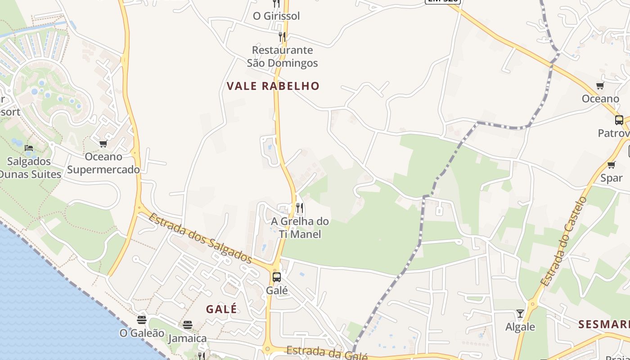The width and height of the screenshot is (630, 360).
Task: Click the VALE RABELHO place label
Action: pos(273,86)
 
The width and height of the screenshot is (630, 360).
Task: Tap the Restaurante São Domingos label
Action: pos(282,56)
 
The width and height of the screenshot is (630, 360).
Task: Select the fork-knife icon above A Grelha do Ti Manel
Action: pos(300,208)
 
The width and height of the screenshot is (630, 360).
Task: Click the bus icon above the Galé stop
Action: pos(277,277)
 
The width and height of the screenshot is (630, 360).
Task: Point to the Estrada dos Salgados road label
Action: pos(200,238)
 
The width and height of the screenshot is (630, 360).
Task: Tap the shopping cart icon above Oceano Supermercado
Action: pos(103,144)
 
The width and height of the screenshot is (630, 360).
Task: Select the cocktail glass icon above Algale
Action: pos(520,313)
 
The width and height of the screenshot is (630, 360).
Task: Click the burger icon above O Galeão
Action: pos(142,320)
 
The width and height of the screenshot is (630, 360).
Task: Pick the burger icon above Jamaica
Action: pos(188,325)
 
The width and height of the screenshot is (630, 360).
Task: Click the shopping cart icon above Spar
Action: pos(611,165)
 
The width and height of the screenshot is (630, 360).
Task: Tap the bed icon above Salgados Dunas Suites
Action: pos(29,148)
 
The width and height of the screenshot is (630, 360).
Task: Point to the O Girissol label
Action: pos(276,16)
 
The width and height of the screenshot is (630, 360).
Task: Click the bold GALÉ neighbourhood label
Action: pos(221,309)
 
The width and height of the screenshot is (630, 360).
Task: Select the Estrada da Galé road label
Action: pos(327,353)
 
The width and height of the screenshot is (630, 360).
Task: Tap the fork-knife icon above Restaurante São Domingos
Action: pos(282,36)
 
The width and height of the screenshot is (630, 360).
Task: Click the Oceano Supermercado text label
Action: pos(103,163)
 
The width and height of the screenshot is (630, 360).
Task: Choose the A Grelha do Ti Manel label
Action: pos(300,228)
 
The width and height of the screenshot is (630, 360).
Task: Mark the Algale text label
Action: pos(520,327)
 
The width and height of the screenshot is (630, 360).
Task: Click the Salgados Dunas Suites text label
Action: pos(30,167)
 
